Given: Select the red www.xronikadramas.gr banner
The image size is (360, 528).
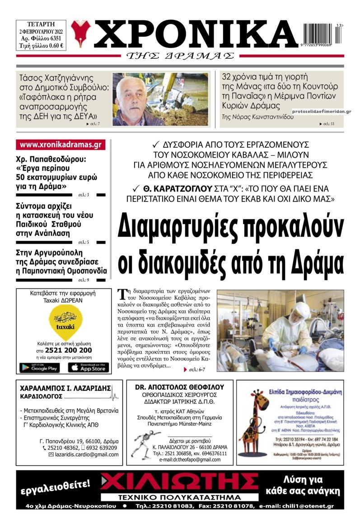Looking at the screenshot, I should (61, 145).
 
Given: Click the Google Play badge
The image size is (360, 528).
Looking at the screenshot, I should (39, 368).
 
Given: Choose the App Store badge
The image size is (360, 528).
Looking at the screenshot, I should (89, 368).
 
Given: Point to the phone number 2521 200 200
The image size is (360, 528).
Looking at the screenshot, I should (64, 350).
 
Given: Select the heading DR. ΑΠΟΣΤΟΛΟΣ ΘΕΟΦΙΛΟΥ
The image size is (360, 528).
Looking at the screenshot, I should (179, 387).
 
